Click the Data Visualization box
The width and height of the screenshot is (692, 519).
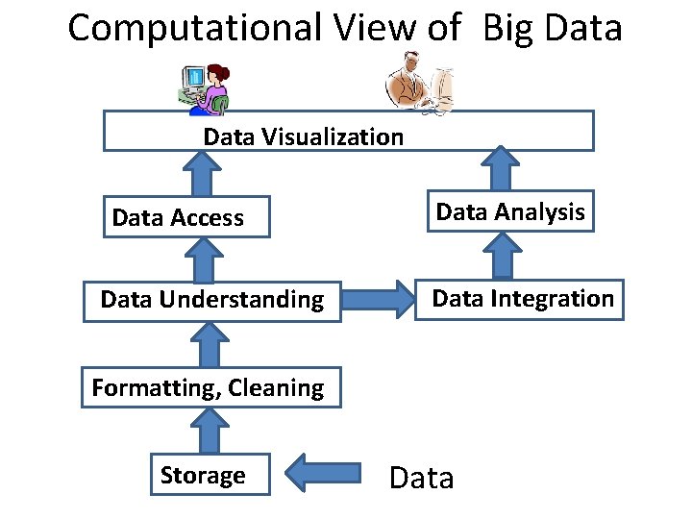point(348,132)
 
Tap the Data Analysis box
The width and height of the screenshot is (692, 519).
point(509,212)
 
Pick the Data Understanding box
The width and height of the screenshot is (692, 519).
point(211,300)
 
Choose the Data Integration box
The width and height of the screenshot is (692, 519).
point(520,299)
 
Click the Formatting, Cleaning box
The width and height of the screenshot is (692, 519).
point(210,388)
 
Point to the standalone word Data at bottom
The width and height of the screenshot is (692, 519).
point(421,478)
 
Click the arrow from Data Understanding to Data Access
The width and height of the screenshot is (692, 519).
point(203,259)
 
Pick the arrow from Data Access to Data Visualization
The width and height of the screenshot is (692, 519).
point(203,174)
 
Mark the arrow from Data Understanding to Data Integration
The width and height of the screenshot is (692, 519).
point(377,300)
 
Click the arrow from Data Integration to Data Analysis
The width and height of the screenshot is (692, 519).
point(500,256)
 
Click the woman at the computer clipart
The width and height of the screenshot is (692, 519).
point(205,87)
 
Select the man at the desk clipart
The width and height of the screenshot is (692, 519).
point(421,84)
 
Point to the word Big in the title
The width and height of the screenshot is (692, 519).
point(507,28)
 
